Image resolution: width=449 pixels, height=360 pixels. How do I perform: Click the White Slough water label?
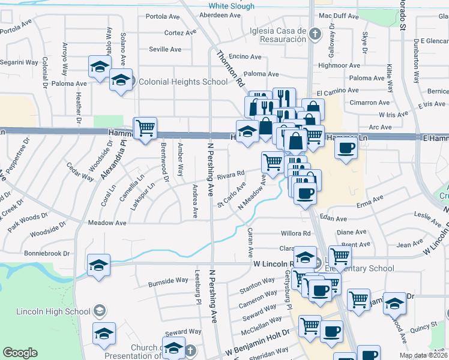point(231,6)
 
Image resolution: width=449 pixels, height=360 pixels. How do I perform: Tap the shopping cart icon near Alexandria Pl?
point(145,128)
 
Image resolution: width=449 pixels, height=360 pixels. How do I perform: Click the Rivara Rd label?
point(231,175)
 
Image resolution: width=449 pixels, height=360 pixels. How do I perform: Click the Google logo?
point(20,353)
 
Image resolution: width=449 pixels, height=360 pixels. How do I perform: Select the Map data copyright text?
point(423,355)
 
